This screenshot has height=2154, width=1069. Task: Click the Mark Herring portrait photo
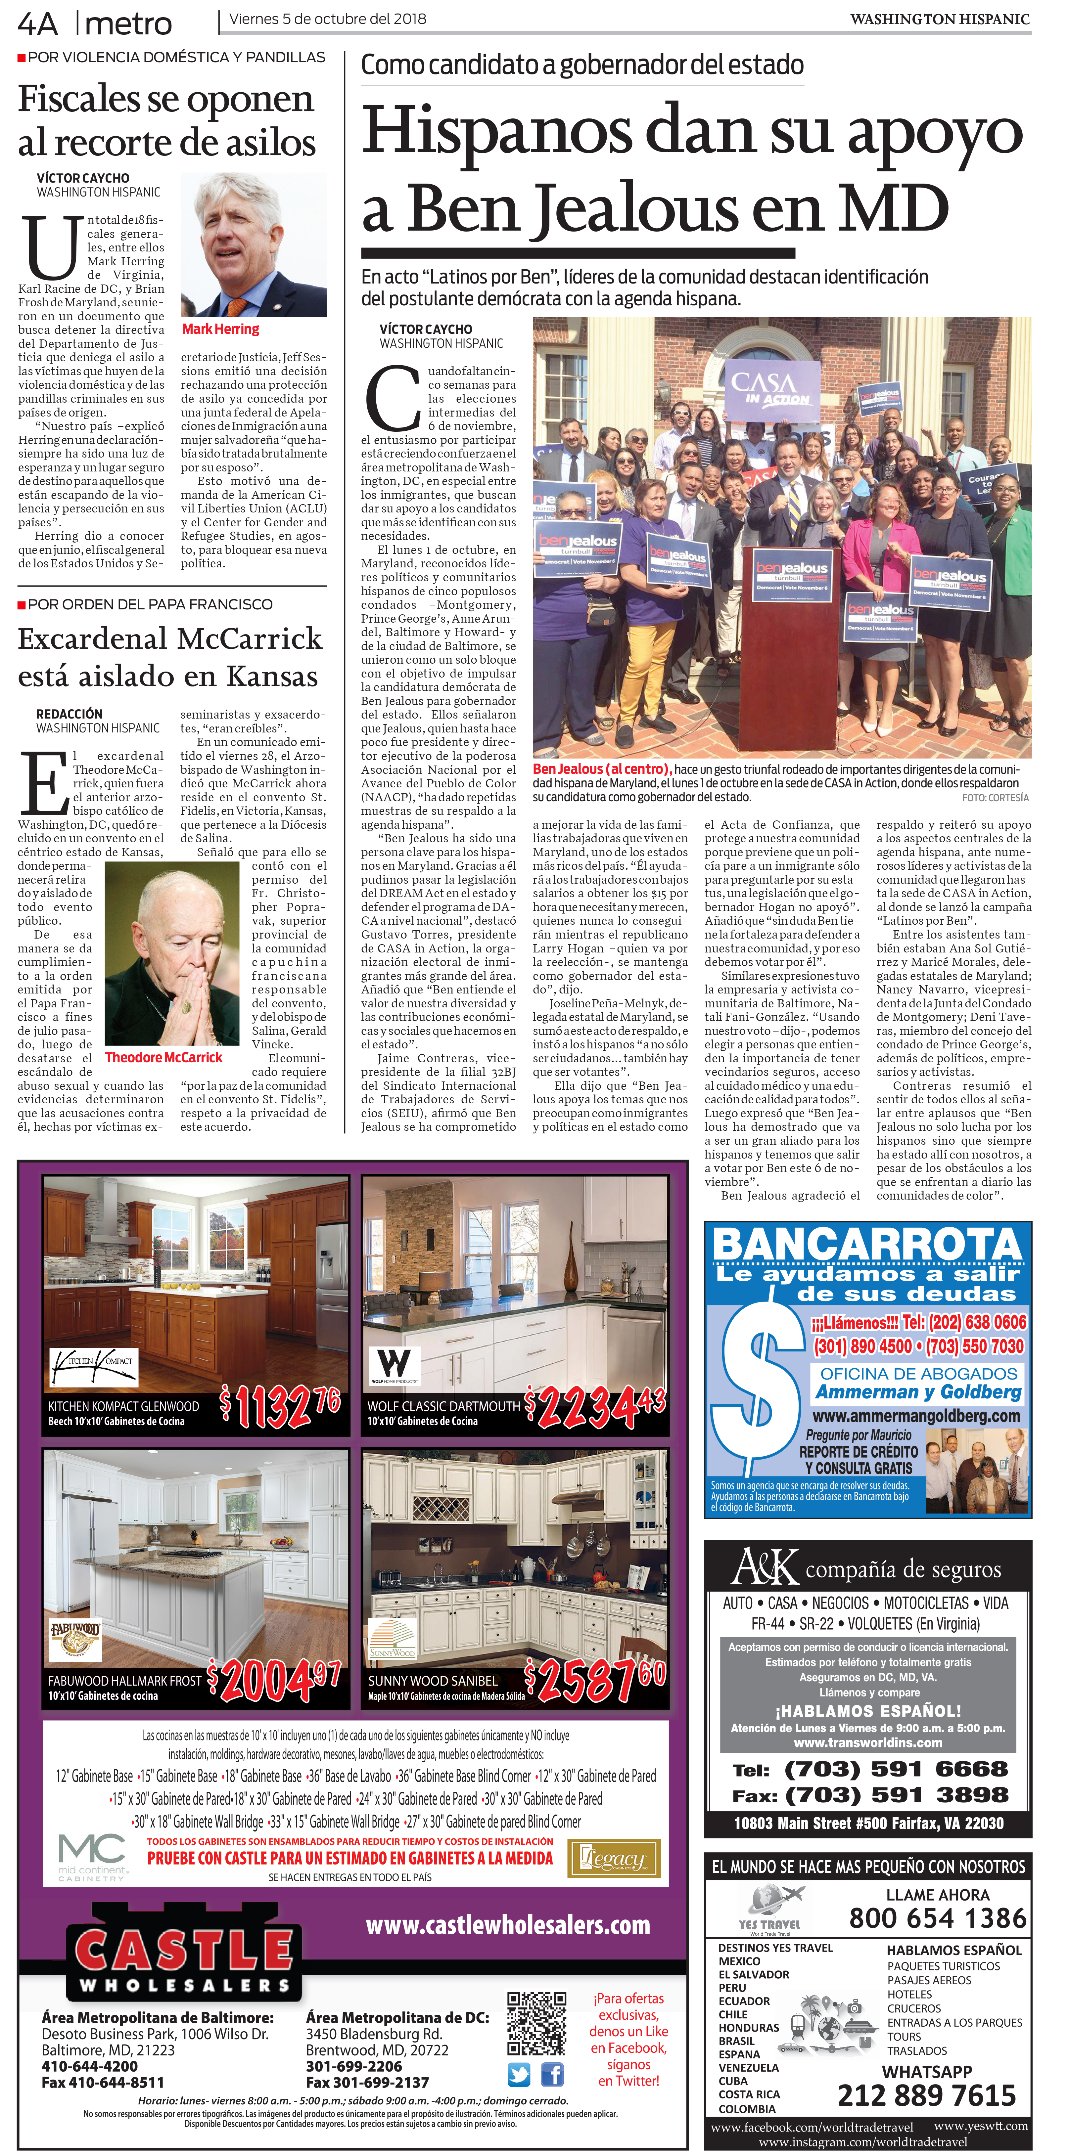tap(254, 245)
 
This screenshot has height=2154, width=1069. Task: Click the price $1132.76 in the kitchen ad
tap(280, 1405)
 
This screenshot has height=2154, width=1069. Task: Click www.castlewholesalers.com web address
tap(508, 1925)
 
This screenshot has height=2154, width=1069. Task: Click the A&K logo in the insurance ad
tap(765, 1566)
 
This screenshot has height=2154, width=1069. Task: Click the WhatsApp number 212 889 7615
tap(926, 2095)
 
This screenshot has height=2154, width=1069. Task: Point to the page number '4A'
tap(38, 23)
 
